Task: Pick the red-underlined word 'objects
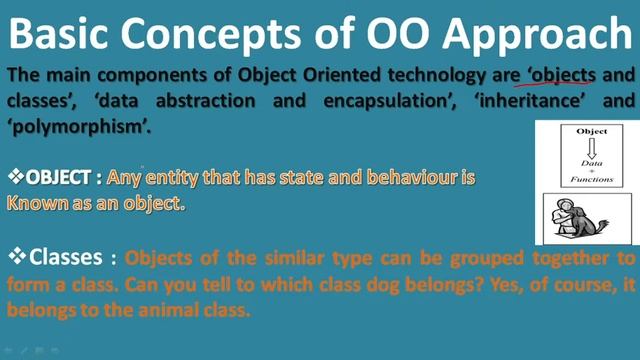pyautogui.click(x=559, y=75)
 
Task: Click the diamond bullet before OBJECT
pyautogui.click(x=15, y=177)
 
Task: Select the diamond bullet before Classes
pyautogui.click(x=15, y=257)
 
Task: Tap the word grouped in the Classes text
pyautogui.click(x=465, y=258)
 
